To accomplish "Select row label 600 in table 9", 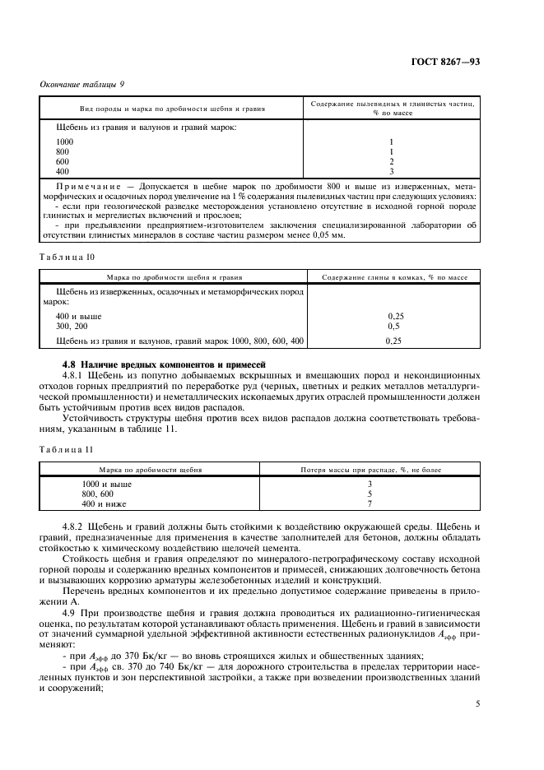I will pyautogui.click(x=63, y=161).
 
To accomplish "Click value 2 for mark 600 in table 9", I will pyautogui.click(x=392, y=161).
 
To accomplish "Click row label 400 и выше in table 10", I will pyautogui.click(x=74, y=316).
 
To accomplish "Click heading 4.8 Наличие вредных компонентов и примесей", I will pyautogui.click(x=165, y=364).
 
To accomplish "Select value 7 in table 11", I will pyautogui.click(x=370, y=503).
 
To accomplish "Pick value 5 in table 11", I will pyautogui.click(x=370, y=494).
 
